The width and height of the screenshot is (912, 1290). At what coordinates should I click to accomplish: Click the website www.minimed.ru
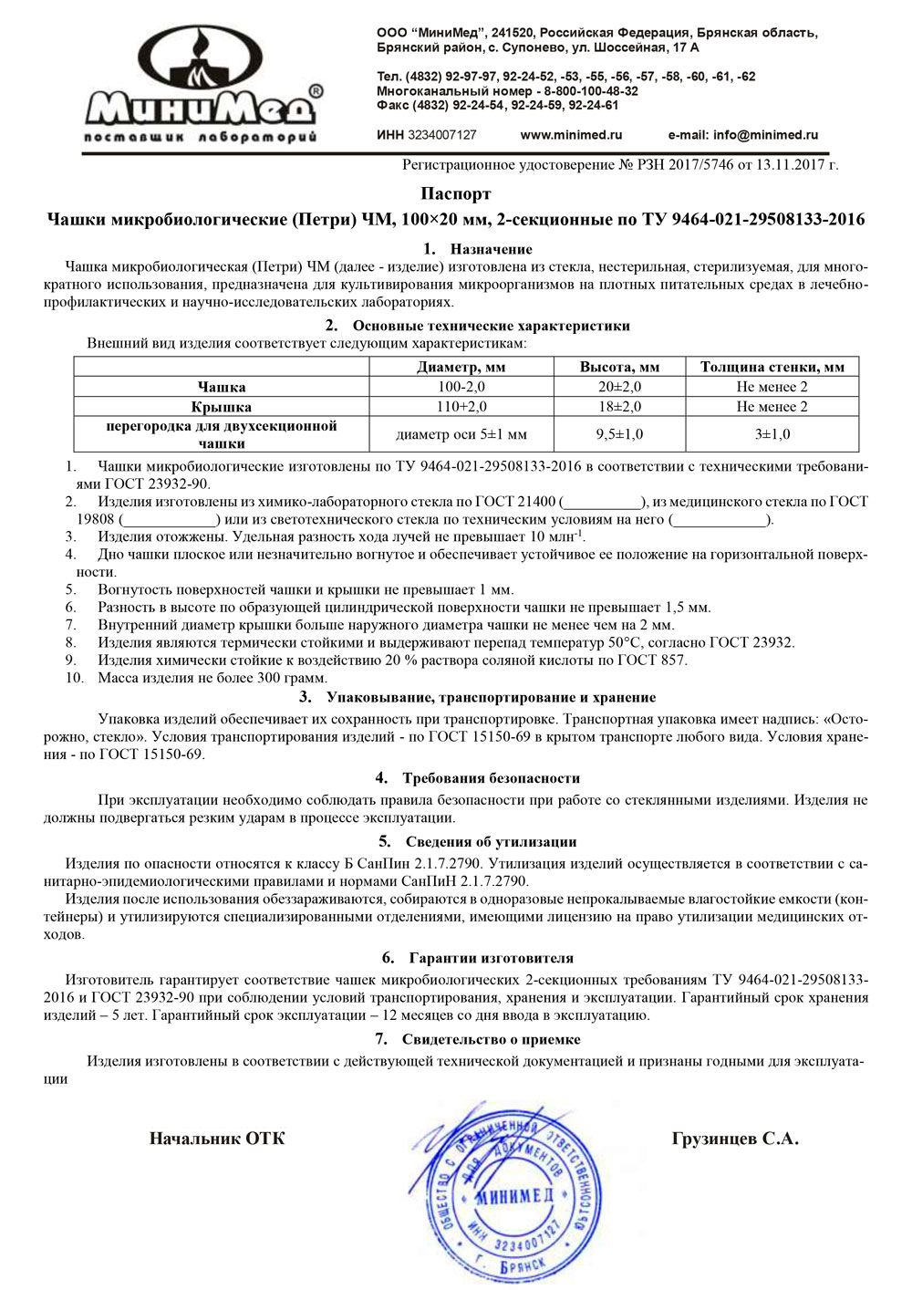(x=571, y=135)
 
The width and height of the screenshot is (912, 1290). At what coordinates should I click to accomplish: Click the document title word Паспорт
(x=455, y=193)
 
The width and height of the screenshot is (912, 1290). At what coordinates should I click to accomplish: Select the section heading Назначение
(x=491, y=249)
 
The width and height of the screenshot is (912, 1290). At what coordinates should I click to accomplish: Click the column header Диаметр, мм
(x=461, y=367)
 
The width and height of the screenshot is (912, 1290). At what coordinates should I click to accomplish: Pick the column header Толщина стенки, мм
(x=772, y=367)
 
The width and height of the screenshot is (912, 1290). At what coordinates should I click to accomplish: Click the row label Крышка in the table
(x=222, y=407)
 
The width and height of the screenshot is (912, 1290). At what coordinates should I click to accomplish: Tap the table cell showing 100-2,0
(x=461, y=387)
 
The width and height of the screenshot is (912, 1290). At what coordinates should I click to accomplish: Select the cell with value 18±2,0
(x=619, y=407)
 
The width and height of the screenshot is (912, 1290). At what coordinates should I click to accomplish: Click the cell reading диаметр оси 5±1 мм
(x=461, y=434)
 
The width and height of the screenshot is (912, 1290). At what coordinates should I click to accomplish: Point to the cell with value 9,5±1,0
(x=619, y=434)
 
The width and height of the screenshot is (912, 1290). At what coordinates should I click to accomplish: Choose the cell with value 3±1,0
(x=772, y=434)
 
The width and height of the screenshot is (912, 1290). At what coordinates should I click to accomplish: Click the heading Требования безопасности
(x=491, y=778)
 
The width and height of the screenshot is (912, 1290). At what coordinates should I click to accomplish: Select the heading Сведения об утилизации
(x=491, y=842)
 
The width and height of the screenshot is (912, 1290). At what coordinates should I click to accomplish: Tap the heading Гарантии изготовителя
(x=491, y=958)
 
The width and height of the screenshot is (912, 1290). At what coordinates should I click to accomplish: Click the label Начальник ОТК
(x=217, y=1139)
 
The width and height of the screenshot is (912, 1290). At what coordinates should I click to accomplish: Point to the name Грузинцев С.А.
(x=735, y=1139)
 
